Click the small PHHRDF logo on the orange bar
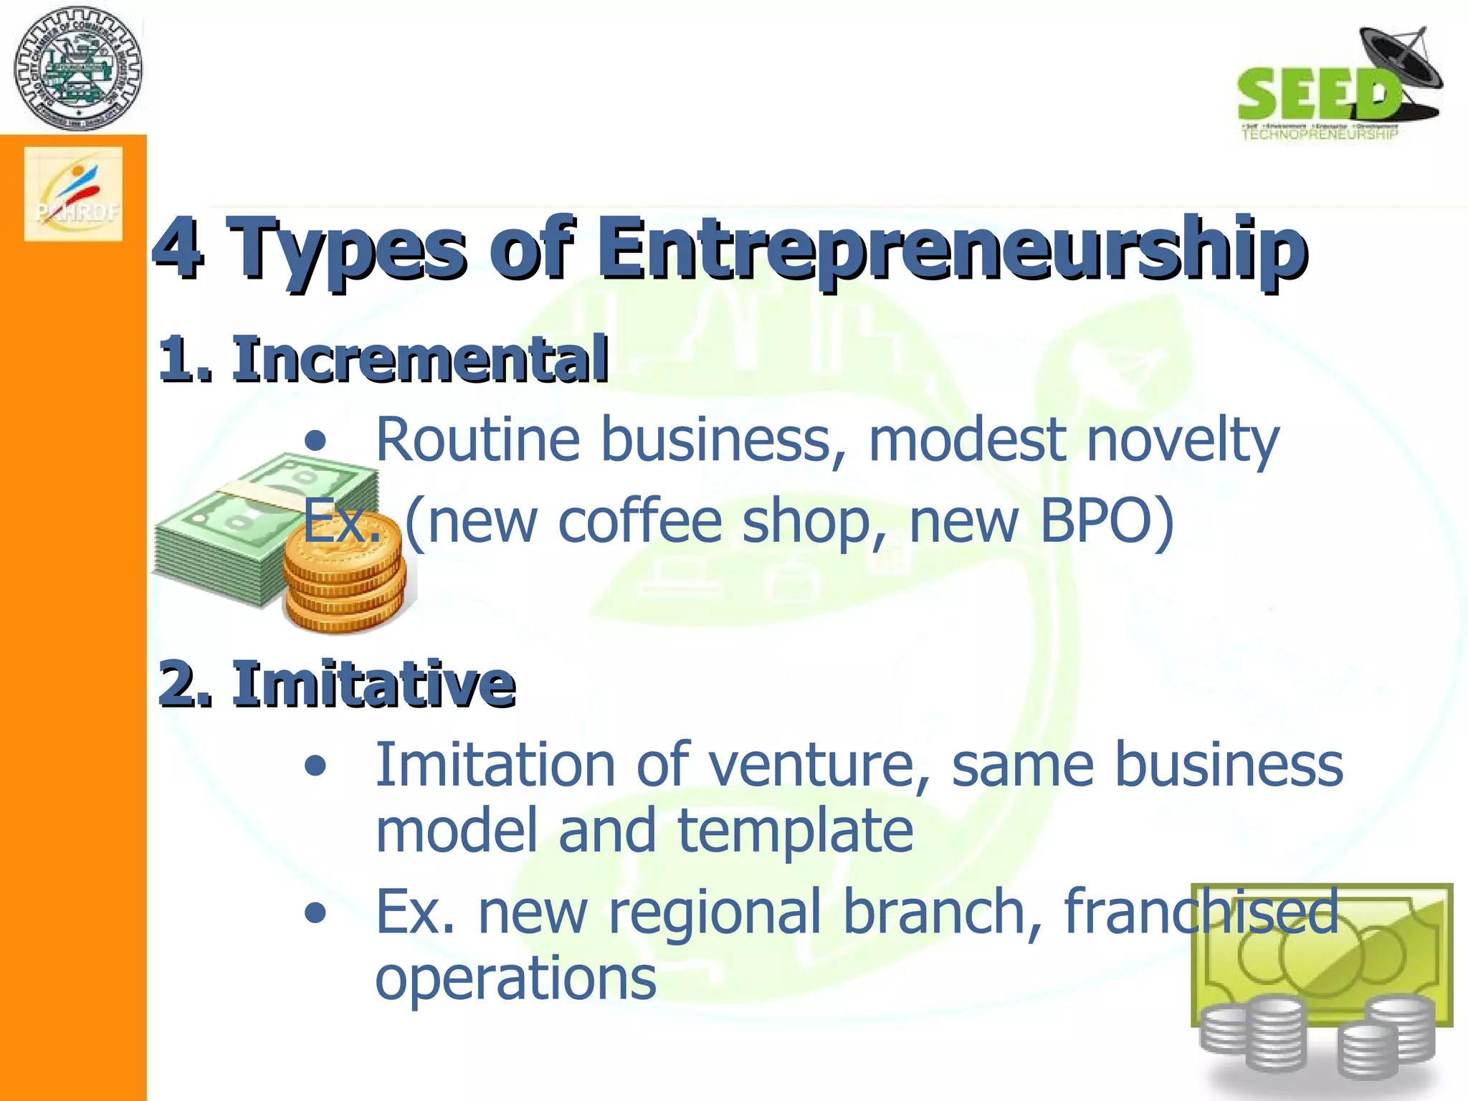[73, 194]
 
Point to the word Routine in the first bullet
[477, 439]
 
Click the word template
[795, 831]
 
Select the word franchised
[1201, 912]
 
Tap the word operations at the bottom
[515, 978]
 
